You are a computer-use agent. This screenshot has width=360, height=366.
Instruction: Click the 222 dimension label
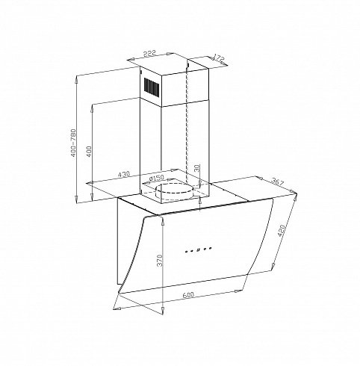pos(149,53)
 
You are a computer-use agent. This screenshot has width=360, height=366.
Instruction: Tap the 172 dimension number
pos(219,58)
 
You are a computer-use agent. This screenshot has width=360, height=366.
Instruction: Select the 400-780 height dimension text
pos(74,143)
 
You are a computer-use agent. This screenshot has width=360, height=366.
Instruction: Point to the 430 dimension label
pos(124,174)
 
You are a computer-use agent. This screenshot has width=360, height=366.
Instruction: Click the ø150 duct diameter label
pos(156,179)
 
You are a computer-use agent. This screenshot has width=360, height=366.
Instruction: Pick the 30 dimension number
pos(197,168)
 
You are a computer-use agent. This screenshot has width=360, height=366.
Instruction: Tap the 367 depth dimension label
pos(277,182)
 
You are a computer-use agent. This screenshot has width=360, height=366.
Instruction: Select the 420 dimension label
pos(281,231)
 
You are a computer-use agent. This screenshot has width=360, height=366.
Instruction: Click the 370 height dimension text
pos(160,260)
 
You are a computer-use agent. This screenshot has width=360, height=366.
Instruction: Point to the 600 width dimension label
pos(188,295)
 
